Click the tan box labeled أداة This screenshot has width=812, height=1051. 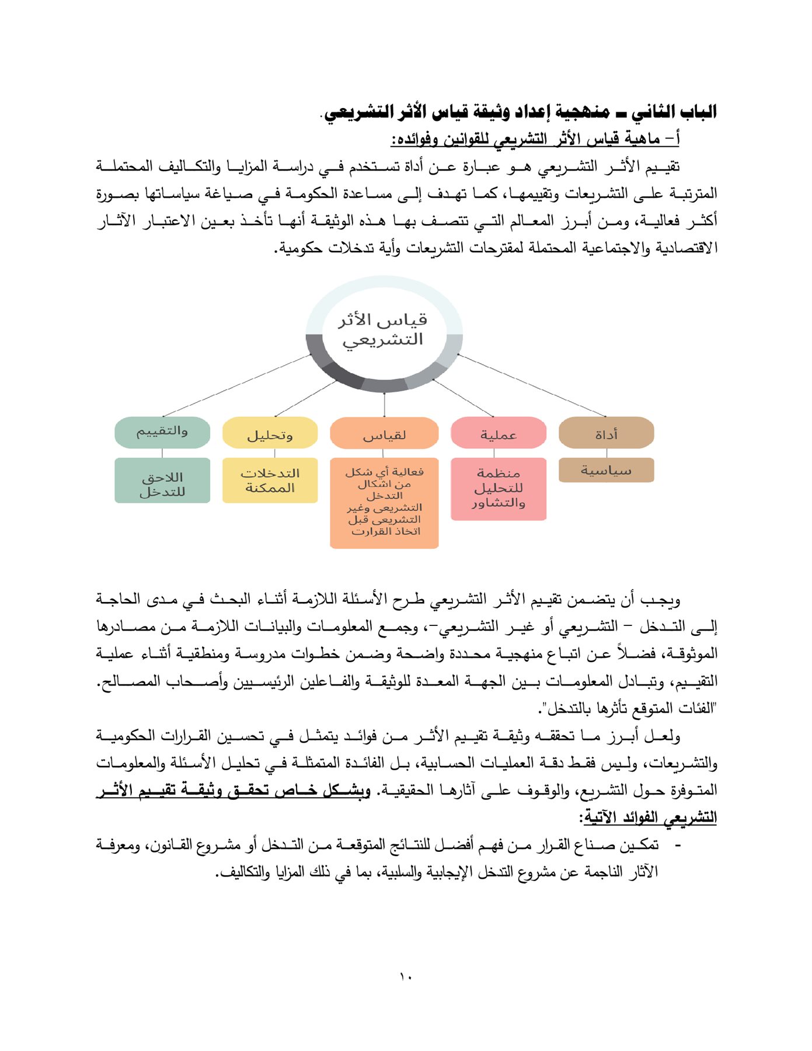(606, 433)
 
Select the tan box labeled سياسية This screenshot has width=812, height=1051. (606, 470)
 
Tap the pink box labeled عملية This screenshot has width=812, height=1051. (498, 433)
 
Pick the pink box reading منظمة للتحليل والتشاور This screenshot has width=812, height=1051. (498, 489)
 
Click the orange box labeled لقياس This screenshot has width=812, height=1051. (384, 433)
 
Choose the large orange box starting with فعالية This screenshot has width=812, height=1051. (384, 503)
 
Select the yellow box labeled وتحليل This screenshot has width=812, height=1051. (270, 433)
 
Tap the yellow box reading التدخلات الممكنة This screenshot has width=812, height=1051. (270, 480)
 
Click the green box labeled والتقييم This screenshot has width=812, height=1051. (162, 432)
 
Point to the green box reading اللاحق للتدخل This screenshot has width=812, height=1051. (162, 480)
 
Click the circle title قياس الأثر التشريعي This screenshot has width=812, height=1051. (384, 329)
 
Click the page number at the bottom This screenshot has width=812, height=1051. (406, 976)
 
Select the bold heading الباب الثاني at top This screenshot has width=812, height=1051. (520, 112)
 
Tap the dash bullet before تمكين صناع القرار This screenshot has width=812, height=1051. (677, 845)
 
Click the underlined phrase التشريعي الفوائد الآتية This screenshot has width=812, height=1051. (648, 817)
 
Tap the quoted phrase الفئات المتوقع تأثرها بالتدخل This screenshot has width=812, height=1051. (628, 709)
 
